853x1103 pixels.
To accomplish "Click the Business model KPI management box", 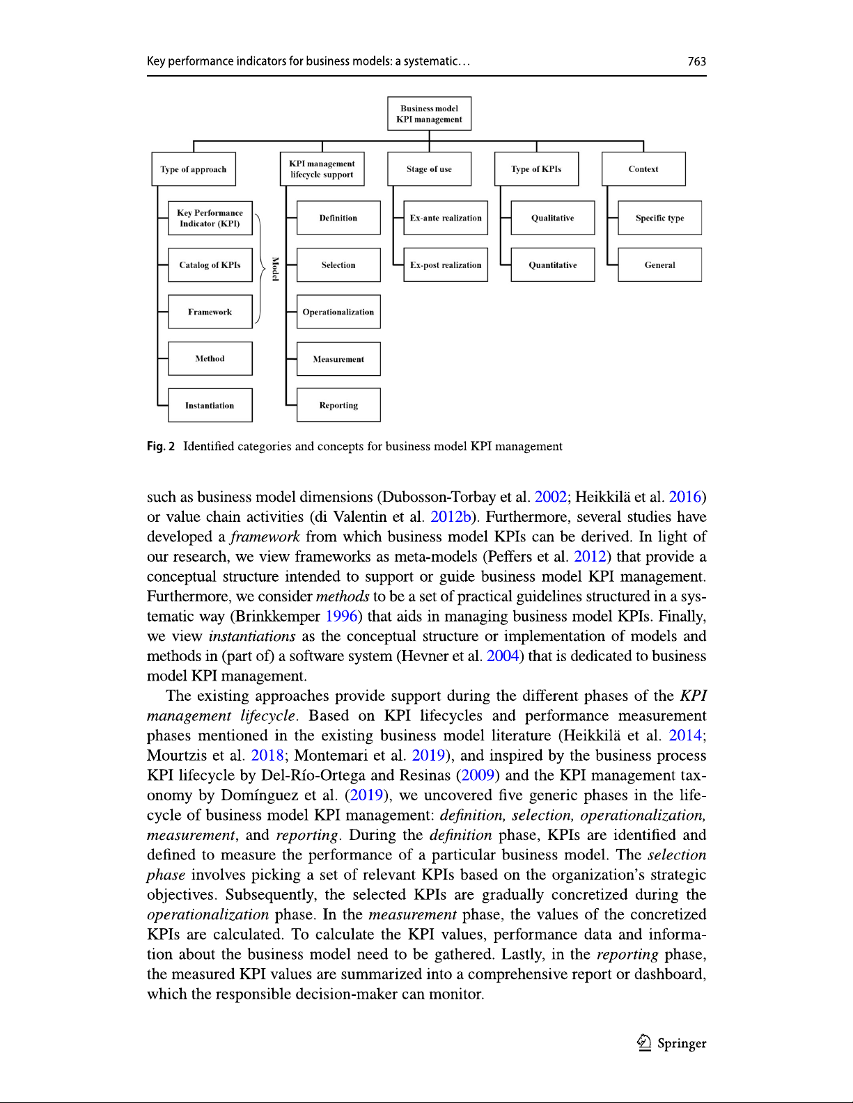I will (429, 113).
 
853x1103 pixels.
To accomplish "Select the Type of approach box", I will (194, 169).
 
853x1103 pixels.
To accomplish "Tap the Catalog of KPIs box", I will (210, 265).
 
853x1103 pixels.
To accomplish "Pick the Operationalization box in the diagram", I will (338, 312).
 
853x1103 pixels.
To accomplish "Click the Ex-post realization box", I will (446, 265).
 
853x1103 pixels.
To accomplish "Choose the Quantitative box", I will (552, 265).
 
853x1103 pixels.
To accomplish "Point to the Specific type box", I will (659, 218).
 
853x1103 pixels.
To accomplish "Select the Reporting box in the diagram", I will (338, 405).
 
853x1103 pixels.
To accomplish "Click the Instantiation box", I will (210, 405).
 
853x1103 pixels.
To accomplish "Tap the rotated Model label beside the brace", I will (275, 269).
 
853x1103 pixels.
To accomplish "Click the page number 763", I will (696, 61).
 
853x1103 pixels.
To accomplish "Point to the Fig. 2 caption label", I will (161, 446).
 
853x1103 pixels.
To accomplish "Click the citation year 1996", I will (341, 617).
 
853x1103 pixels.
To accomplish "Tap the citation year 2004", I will (503, 656).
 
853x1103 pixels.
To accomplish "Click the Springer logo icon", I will (644, 1042).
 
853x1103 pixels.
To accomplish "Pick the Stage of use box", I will (429, 169).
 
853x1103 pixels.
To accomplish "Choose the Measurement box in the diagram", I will (338, 359).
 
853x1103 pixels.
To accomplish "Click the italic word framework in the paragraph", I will (265, 537).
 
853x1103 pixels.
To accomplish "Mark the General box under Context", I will (659, 265).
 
